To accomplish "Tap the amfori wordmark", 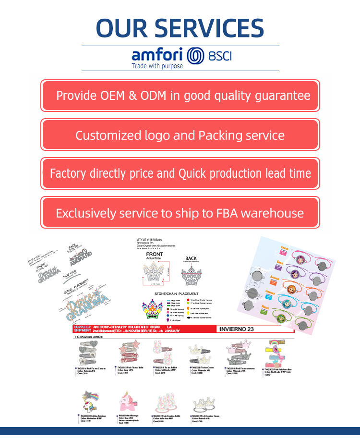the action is [x=157, y=54].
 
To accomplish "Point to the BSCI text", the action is [x=220, y=56].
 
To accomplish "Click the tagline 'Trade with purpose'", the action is [x=157, y=66].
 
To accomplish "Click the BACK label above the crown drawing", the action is [x=191, y=258].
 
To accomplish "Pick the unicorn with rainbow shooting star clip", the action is [x=91, y=402].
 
